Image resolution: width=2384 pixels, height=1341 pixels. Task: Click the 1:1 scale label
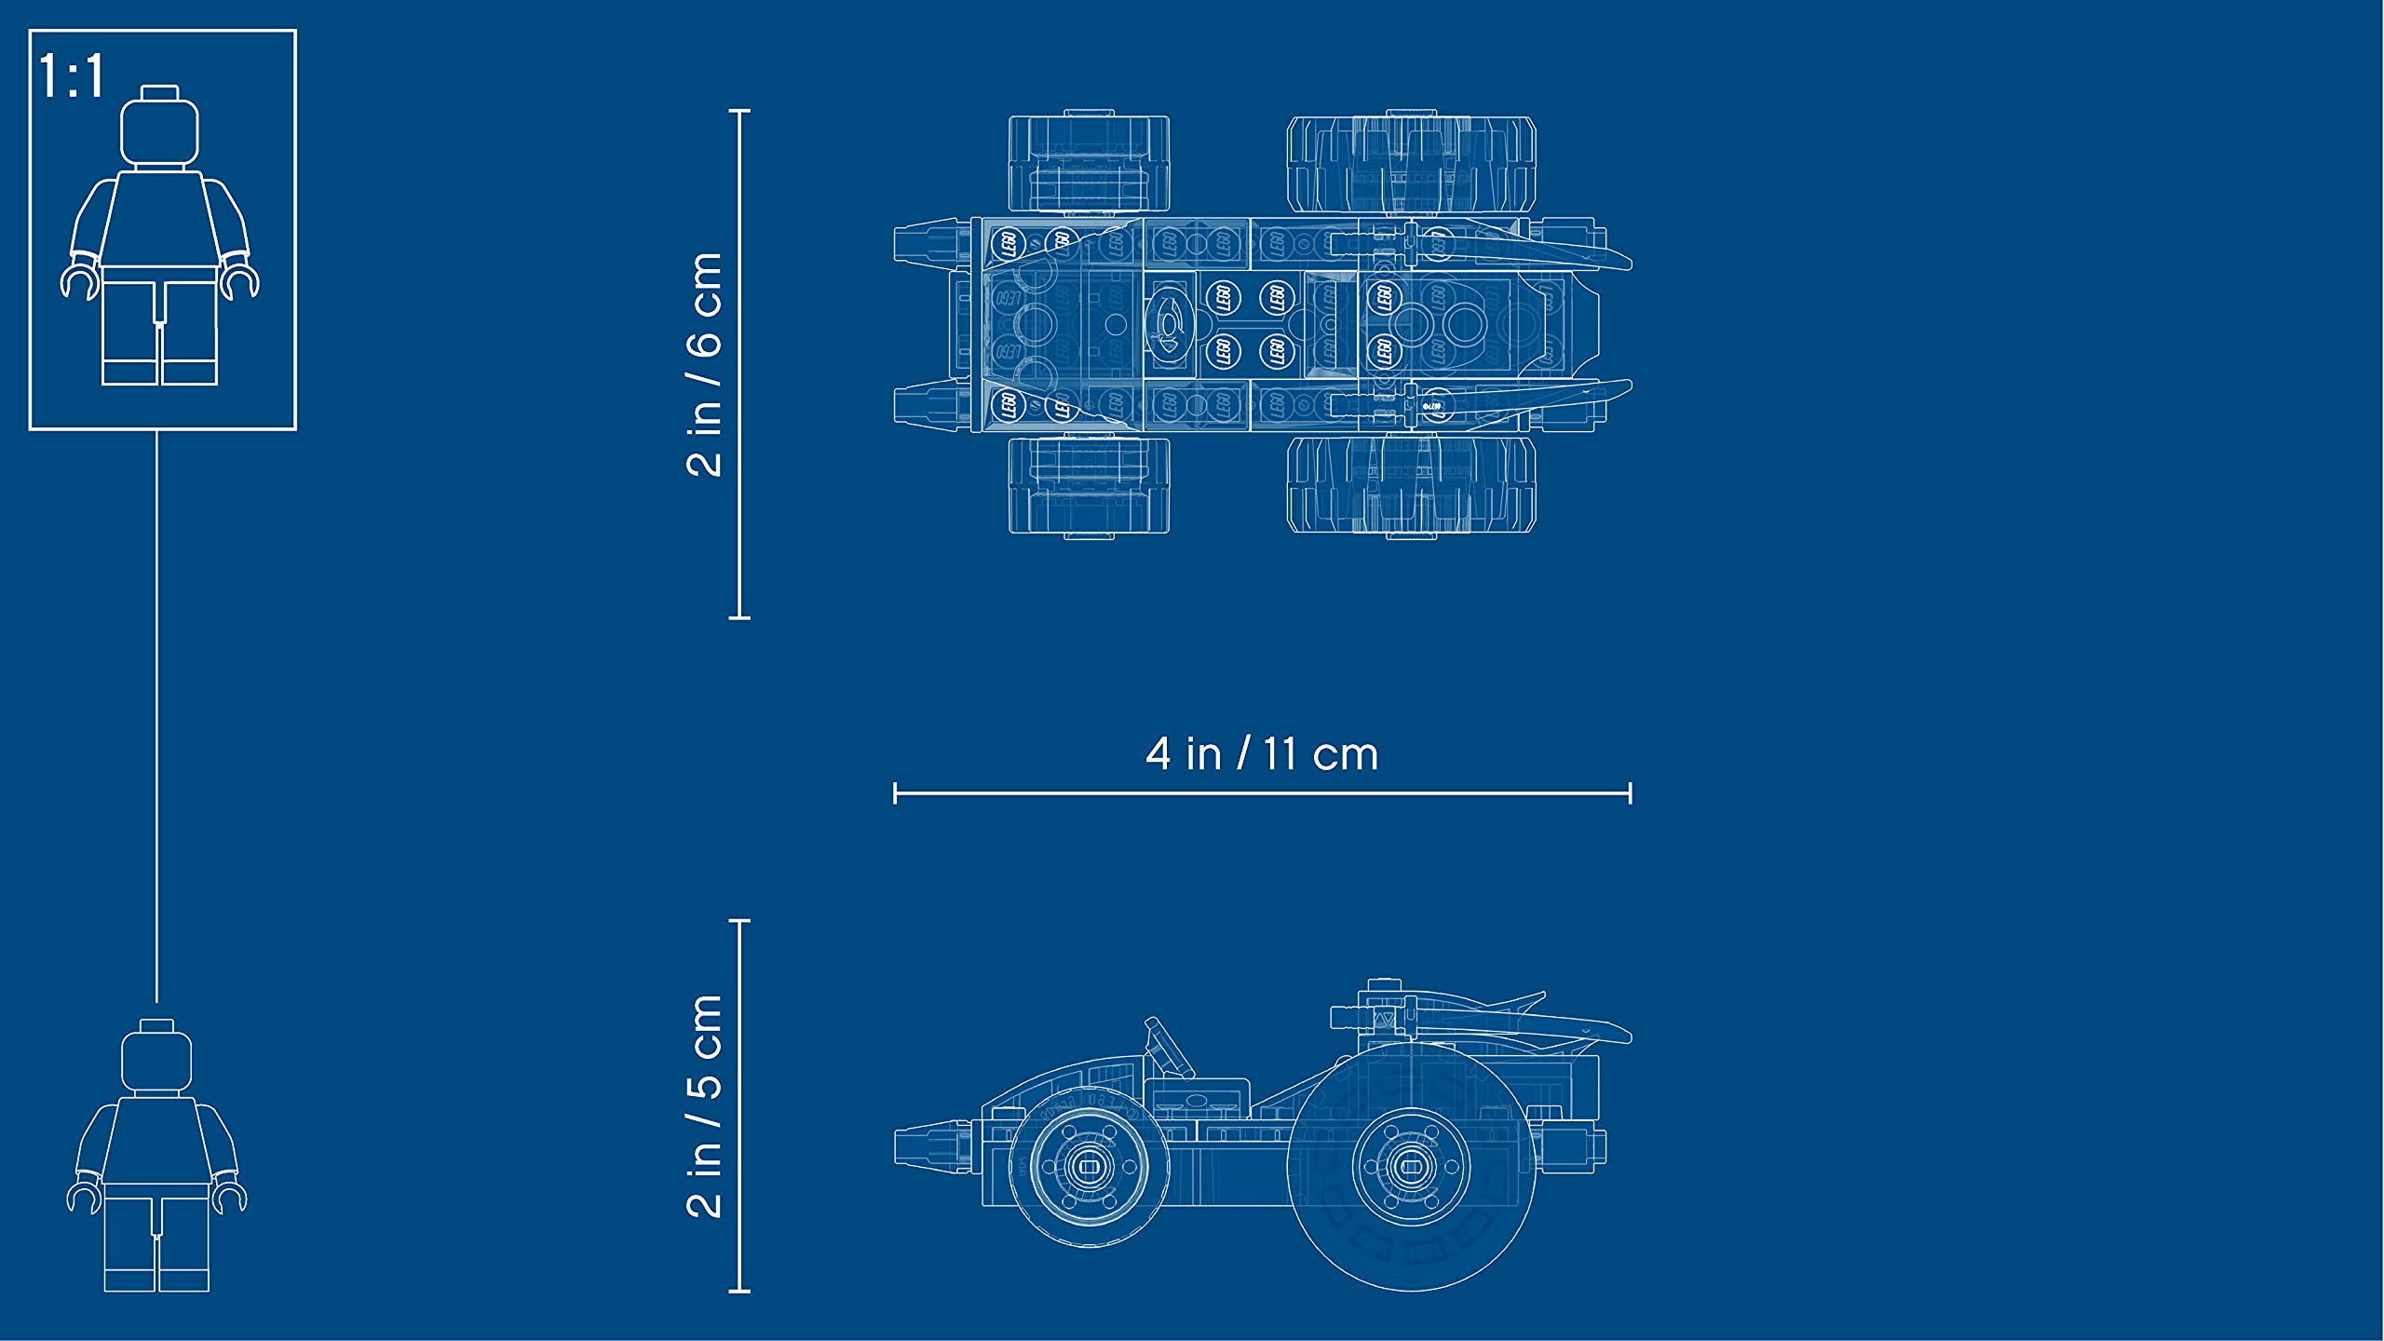(x=72, y=76)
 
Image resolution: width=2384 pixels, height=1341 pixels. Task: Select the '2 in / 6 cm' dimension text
(x=705, y=364)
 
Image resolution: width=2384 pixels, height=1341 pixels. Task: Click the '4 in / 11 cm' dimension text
(x=1262, y=753)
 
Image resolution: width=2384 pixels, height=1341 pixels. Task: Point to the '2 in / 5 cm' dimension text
(x=705, y=1106)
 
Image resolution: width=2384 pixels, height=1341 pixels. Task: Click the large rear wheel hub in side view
(x=1411, y=1167)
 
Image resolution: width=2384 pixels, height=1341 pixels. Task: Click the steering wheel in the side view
(x=1168, y=1048)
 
